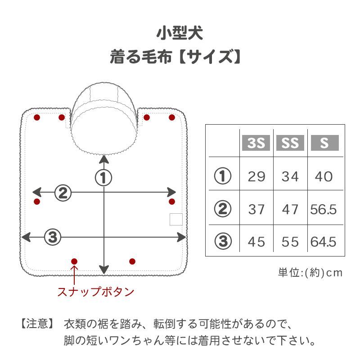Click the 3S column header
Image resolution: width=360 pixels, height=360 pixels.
click(x=256, y=143)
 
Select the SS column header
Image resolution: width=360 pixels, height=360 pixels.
click(x=290, y=143)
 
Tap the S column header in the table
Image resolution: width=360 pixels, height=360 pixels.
click(x=324, y=143)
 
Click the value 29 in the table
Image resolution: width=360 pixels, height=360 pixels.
click(x=256, y=176)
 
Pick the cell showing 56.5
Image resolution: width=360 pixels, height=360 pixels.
click(x=324, y=209)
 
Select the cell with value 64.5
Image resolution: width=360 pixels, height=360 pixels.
click(x=324, y=242)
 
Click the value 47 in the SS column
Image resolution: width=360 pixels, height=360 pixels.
click(x=290, y=209)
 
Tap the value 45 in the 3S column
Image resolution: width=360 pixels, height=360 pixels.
click(x=256, y=242)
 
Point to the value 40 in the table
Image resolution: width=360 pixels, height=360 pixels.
click(x=324, y=176)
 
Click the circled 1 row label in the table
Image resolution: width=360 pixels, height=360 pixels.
click(x=222, y=176)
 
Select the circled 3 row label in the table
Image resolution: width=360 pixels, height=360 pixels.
click(x=222, y=242)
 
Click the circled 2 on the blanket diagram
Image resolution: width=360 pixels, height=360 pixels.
click(x=63, y=193)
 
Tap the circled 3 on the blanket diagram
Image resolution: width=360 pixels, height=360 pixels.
click(x=53, y=236)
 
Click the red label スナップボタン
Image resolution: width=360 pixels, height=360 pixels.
click(x=95, y=292)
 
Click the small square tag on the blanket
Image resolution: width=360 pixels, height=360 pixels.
click(x=176, y=219)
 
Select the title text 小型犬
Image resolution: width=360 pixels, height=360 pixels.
click(x=180, y=33)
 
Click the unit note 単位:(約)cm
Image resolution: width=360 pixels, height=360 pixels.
click(x=310, y=273)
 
